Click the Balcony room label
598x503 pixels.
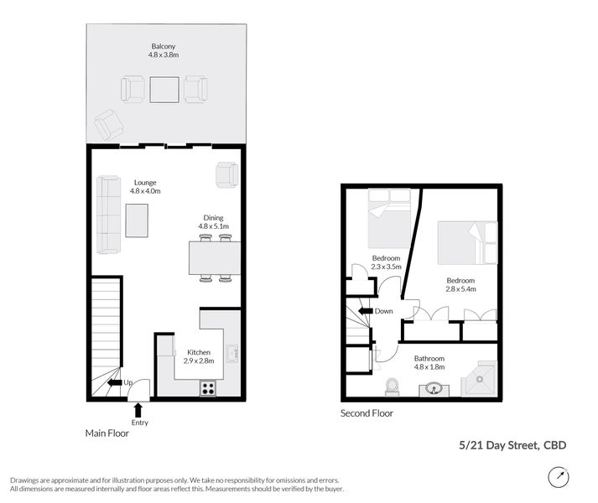pyautogui.click(x=164, y=46)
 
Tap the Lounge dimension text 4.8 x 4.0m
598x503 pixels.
pyautogui.click(x=145, y=191)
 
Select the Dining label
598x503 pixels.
pyautogui.click(x=213, y=218)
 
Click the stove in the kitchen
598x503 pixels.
pyautogui.click(x=208, y=388)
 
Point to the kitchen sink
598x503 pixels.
pyautogui.click(x=231, y=354)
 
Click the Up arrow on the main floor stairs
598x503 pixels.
pyautogui.click(x=115, y=382)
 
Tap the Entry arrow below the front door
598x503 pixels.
pyautogui.click(x=138, y=410)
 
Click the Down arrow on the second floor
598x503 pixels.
pyautogui.click(x=366, y=311)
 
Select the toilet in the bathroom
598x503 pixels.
pyautogui.click(x=392, y=387)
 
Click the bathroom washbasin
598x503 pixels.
pyautogui.click(x=434, y=390)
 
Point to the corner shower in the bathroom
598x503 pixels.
pyautogui.click(x=479, y=379)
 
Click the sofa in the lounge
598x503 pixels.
pyautogui.click(x=109, y=215)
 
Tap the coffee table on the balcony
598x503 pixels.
pyautogui.click(x=164, y=90)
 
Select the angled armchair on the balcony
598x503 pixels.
pyautogui.click(x=109, y=124)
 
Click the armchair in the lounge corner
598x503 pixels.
pyautogui.click(x=227, y=175)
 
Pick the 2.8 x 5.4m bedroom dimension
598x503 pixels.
pyautogui.click(x=460, y=289)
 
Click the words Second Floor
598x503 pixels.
pyautogui.click(x=367, y=413)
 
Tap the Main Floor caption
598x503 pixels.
pyautogui.click(x=107, y=433)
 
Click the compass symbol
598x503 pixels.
pyautogui.click(x=559, y=477)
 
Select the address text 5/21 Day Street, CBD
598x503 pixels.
pyautogui.click(x=512, y=445)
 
